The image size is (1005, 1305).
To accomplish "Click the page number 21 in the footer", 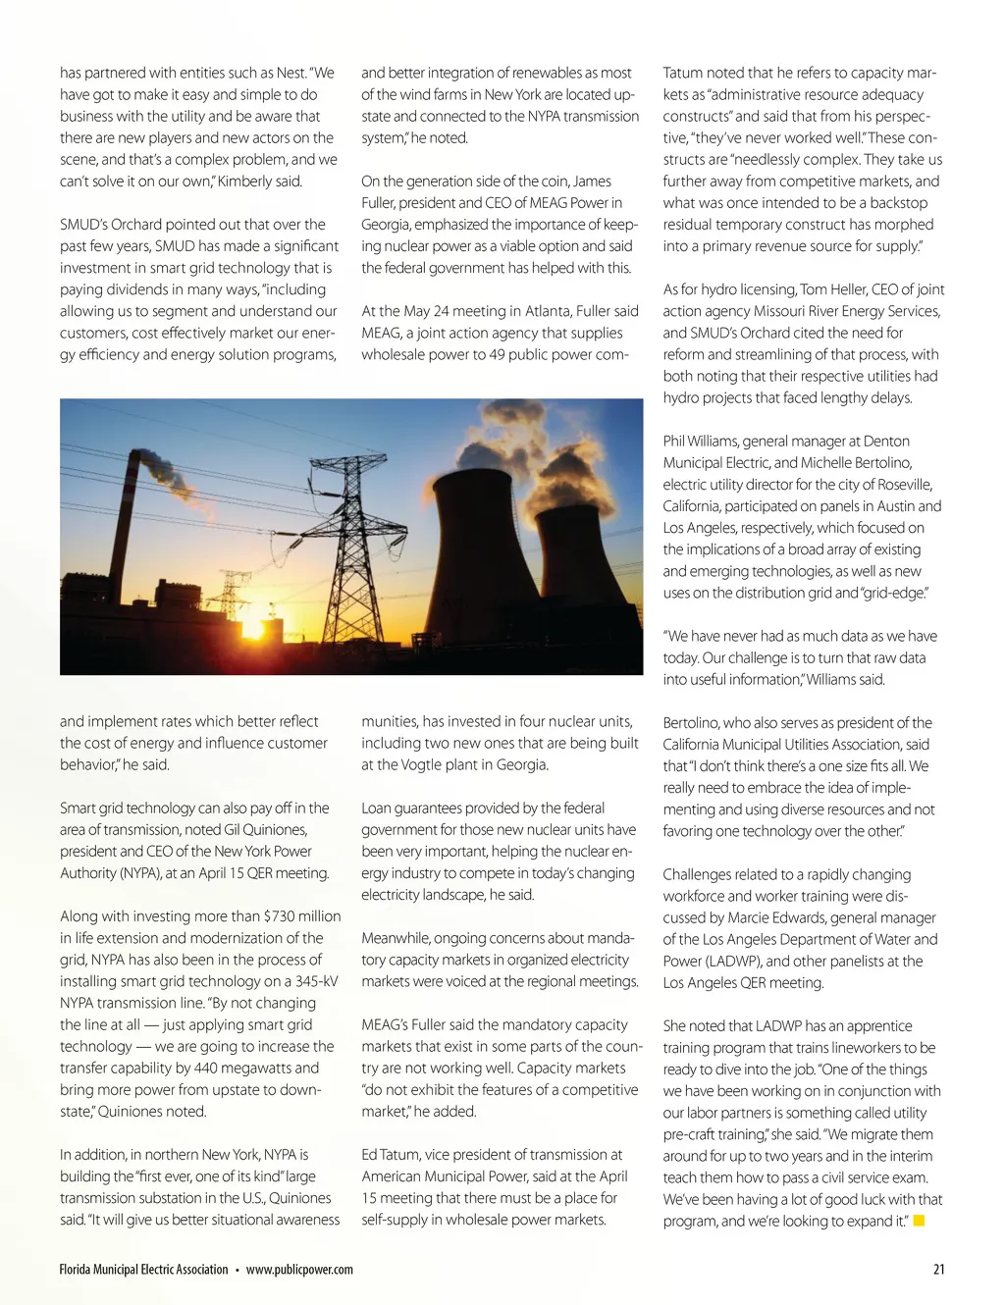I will tap(938, 1270).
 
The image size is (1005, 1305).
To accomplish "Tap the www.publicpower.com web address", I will tap(299, 1270).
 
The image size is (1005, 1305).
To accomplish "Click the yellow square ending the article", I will tap(920, 1221).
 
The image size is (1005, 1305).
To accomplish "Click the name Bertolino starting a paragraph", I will tap(696, 723).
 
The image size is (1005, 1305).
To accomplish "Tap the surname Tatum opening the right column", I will tap(683, 73).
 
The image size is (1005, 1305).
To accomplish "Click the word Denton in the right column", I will tap(886, 442).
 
